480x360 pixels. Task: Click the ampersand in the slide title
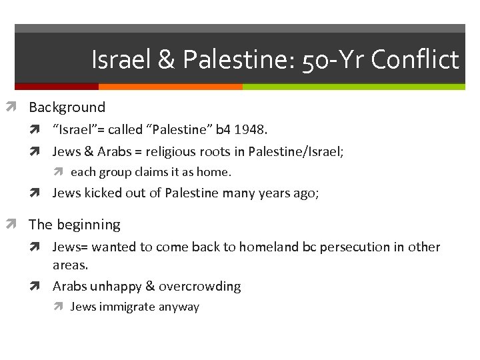pyautogui.click(x=167, y=60)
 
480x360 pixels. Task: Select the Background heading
pyautogui.click(x=67, y=107)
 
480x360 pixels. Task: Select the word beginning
pyautogui.click(x=88, y=225)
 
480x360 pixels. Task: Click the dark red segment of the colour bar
pyautogui.click(x=56, y=87)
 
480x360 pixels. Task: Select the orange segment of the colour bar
pyautogui.click(x=170, y=87)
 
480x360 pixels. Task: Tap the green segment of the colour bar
pyautogui.click(x=353, y=87)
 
